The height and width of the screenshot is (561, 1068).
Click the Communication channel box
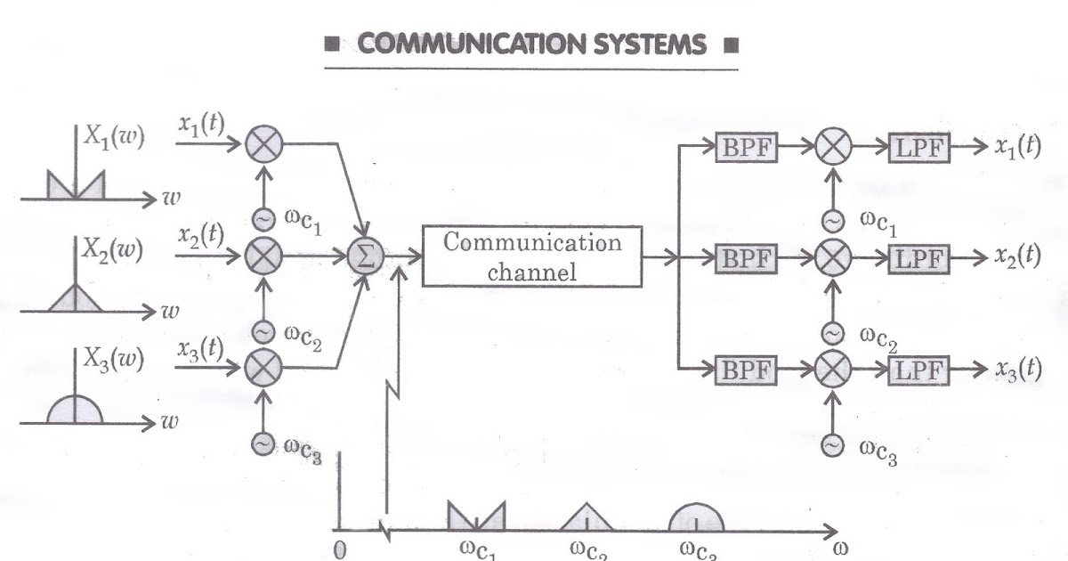click(x=532, y=256)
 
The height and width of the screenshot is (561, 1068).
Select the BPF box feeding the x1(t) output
click(x=746, y=148)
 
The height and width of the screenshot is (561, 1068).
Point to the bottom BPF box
click(x=746, y=369)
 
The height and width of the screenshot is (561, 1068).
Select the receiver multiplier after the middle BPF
click(x=832, y=257)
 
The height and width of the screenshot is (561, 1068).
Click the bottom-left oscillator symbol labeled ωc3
click(x=263, y=443)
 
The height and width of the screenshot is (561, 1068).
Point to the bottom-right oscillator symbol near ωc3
click(x=832, y=443)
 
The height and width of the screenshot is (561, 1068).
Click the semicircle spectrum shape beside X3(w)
click(x=75, y=408)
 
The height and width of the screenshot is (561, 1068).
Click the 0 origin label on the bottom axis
click(x=339, y=549)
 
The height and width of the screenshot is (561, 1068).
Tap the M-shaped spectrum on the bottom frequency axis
click(x=476, y=516)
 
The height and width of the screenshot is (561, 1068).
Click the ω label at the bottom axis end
click(x=838, y=549)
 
